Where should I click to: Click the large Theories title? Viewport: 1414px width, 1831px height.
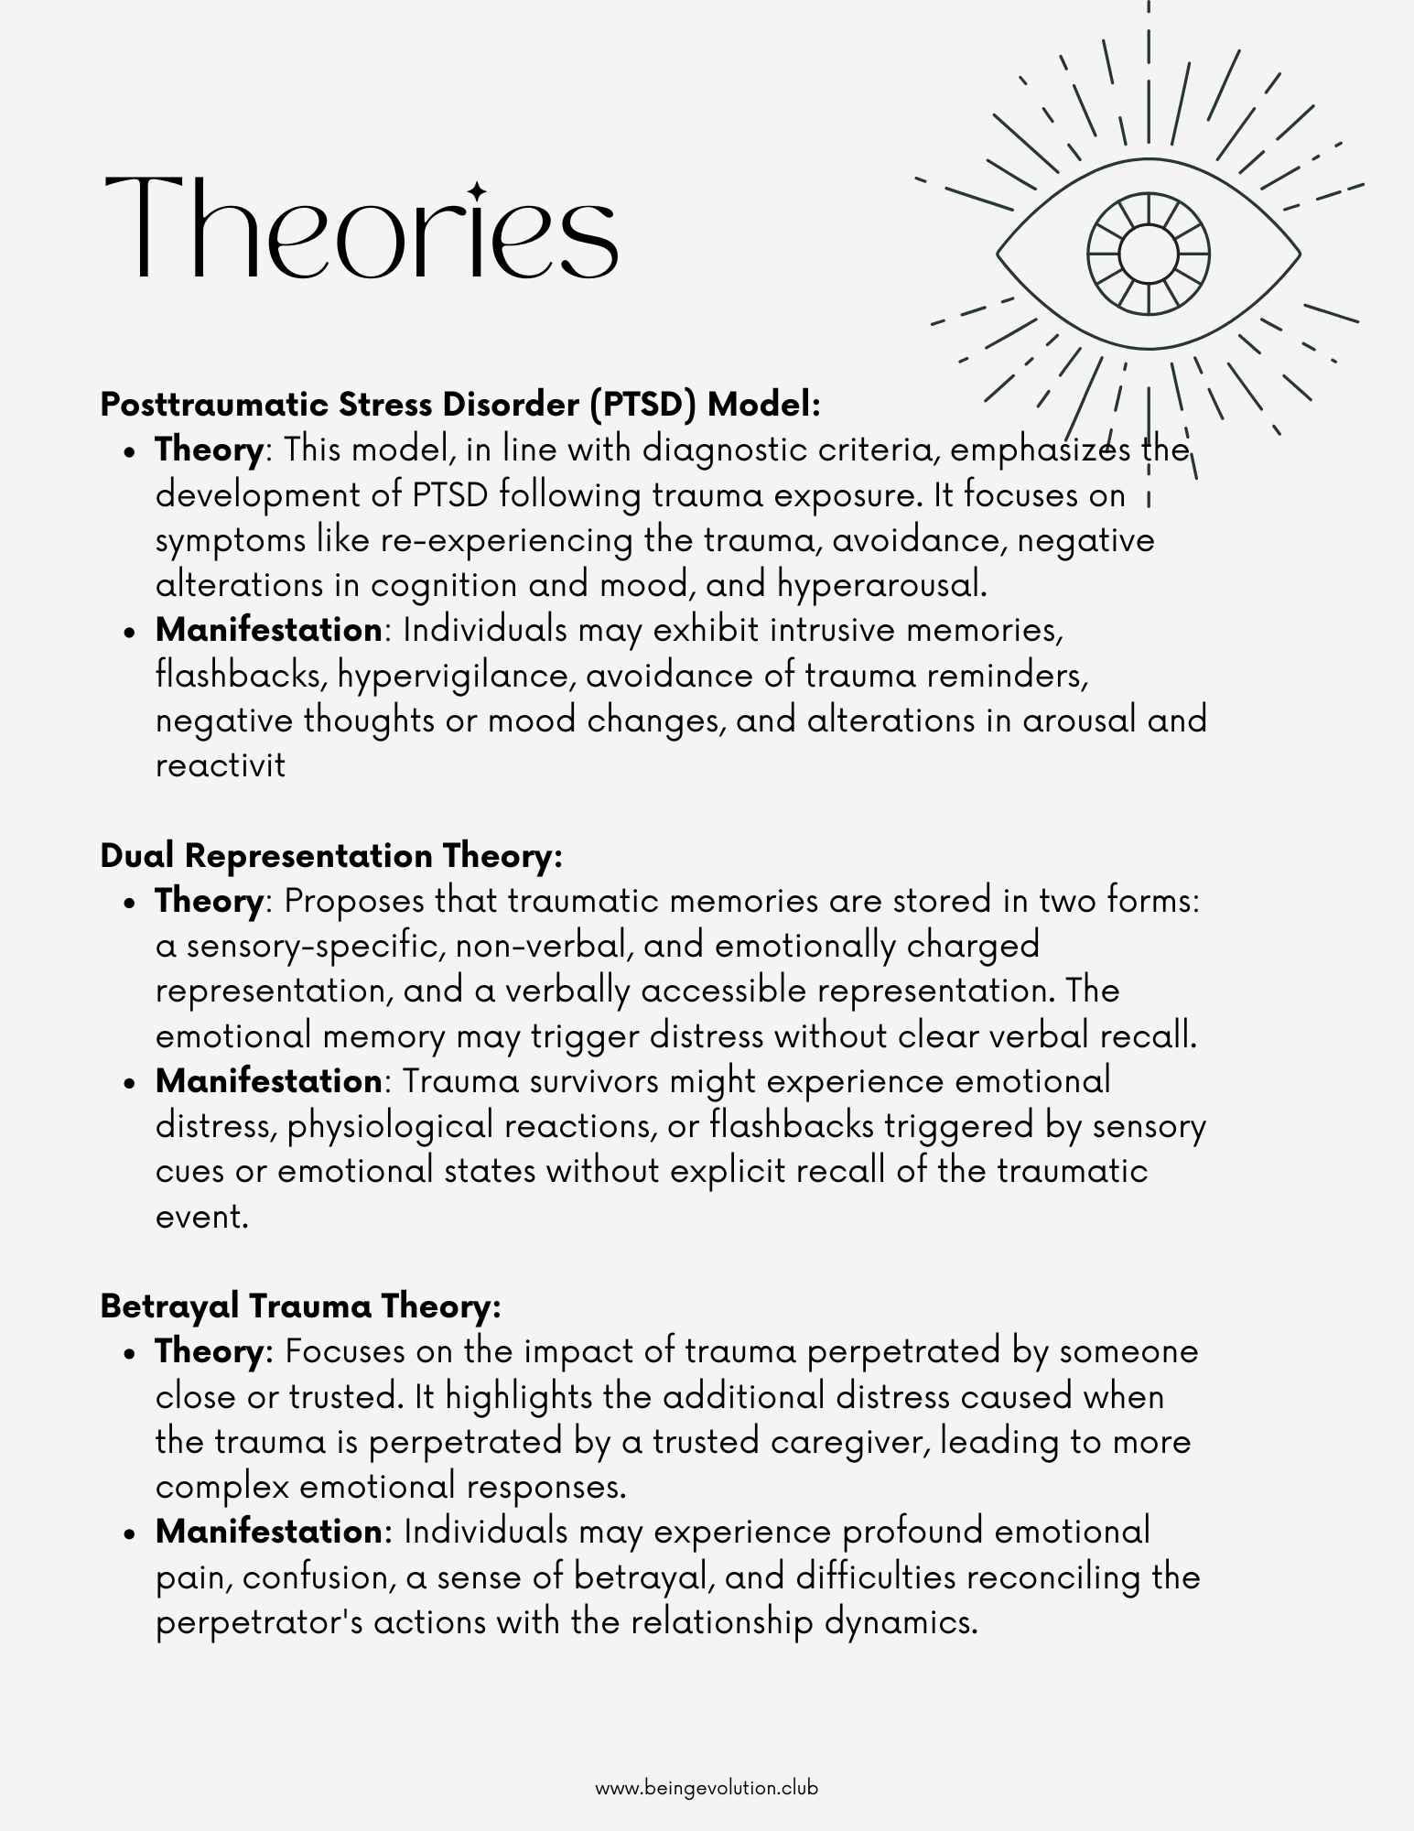(362, 227)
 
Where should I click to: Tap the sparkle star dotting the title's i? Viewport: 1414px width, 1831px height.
(477, 190)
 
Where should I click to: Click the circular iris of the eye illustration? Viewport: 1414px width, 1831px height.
(1148, 253)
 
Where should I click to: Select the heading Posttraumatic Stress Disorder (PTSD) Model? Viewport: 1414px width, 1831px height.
(460, 404)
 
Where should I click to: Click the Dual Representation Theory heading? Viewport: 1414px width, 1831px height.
(330, 855)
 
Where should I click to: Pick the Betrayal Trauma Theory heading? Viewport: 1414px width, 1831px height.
(300, 1306)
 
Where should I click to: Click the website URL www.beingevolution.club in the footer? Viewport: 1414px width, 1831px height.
(707, 1787)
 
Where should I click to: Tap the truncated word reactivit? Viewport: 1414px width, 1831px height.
(221, 765)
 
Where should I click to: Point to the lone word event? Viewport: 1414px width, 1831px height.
(201, 1217)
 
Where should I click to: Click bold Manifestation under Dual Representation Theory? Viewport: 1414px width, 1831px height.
(268, 1081)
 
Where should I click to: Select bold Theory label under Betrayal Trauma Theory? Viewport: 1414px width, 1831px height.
(209, 1351)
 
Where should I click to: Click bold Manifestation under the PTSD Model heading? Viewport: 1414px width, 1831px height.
(268, 630)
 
